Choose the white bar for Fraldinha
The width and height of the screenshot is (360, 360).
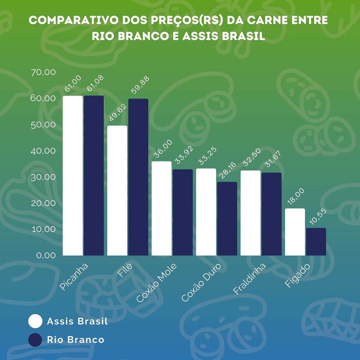coord(250,213)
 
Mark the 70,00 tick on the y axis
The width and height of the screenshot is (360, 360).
coord(43,72)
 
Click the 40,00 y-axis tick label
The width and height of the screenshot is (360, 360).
coord(43,151)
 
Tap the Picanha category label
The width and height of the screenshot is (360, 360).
coord(74,276)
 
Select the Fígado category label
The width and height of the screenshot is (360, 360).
coord(297,275)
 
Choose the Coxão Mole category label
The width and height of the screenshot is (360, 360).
coord(156,283)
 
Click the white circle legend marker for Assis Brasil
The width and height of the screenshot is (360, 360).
coord(35,321)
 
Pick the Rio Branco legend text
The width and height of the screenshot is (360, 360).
coord(75,340)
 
